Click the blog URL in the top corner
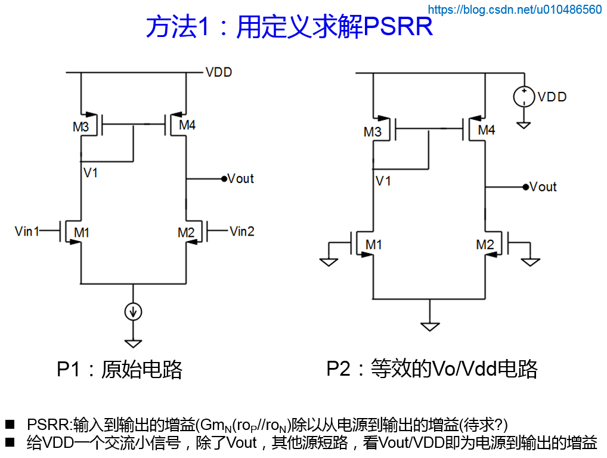click(x=515, y=9)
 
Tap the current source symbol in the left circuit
click(x=133, y=311)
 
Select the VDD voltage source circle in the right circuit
click(x=524, y=96)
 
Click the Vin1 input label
click(x=27, y=231)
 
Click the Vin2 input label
click(x=242, y=231)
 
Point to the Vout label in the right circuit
click(x=543, y=187)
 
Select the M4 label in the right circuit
click(x=487, y=129)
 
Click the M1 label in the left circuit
click(x=81, y=233)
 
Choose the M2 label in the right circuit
click(x=485, y=245)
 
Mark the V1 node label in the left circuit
click(x=91, y=173)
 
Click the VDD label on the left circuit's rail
click(x=219, y=72)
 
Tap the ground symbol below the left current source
click(x=133, y=343)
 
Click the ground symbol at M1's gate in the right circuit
click(x=329, y=261)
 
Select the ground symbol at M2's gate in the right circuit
click(x=530, y=261)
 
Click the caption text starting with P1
click(x=119, y=369)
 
